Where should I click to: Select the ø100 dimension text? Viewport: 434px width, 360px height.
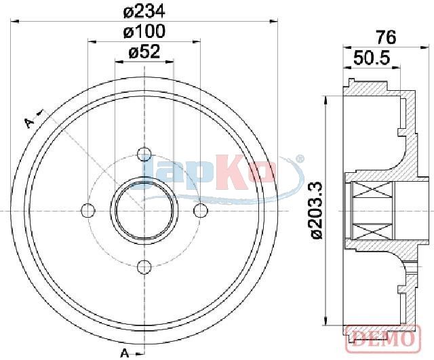(x=144, y=31)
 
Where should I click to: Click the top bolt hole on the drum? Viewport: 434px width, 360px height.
(x=144, y=154)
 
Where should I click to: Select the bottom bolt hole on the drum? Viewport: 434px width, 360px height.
(x=144, y=266)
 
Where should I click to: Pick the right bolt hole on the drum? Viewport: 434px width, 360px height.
(x=200, y=210)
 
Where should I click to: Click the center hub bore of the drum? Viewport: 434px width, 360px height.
(x=144, y=210)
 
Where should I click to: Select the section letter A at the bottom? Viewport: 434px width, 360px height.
(x=124, y=353)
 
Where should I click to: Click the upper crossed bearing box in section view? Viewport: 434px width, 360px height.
(x=373, y=195)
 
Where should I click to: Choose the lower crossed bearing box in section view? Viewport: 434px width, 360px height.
(x=373, y=228)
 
